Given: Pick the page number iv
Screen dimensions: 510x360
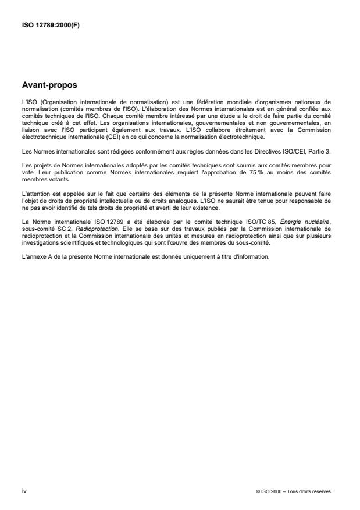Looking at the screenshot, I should pyautogui.click(x=24, y=491).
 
